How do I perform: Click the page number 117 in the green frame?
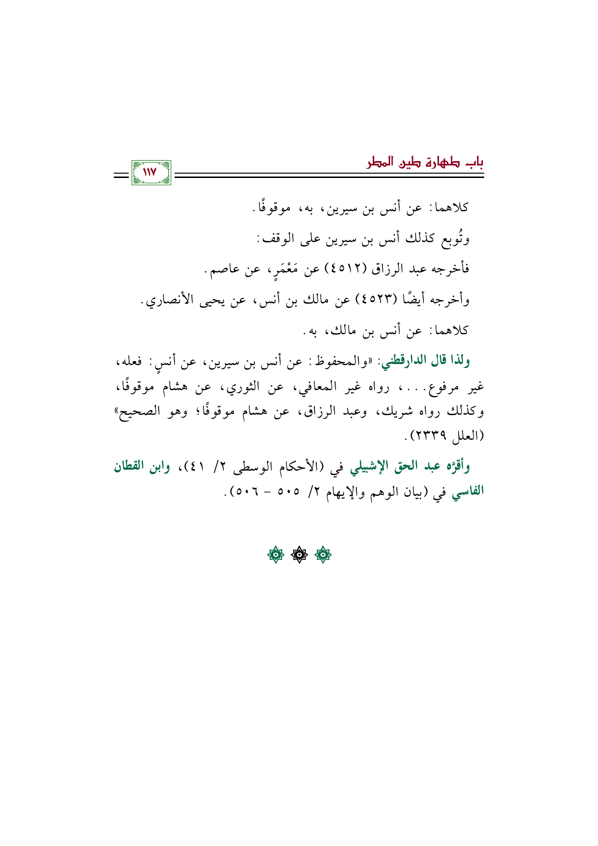(151, 172)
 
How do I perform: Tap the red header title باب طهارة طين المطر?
(425, 162)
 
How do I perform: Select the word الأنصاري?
(169, 300)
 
